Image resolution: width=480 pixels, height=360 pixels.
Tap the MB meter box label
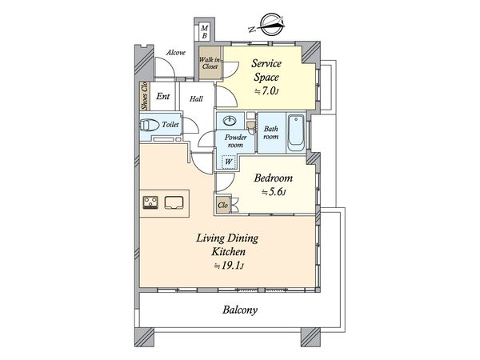[x=205, y=32]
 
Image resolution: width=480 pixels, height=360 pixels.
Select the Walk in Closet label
[x=210, y=62]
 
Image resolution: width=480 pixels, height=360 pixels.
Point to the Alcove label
[x=176, y=53]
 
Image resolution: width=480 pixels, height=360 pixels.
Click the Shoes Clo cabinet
[x=143, y=96]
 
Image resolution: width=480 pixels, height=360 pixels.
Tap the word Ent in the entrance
[x=163, y=97]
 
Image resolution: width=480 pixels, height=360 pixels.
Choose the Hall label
[x=196, y=99]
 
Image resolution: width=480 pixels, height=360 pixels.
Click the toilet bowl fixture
[x=149, y=125]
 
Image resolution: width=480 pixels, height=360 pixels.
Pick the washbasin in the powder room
[x=230, y=121]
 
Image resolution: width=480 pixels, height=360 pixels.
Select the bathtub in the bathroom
[x=296, y=133]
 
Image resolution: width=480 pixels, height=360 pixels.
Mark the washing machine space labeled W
[x=228, y=161]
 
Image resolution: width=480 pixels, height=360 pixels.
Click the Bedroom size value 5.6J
[x=274, y=192]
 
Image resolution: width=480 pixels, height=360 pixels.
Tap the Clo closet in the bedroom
[x=223, y=205]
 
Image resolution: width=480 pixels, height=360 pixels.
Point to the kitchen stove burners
[x=150, y=202]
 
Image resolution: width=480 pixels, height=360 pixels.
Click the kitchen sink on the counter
[x=174, y=202]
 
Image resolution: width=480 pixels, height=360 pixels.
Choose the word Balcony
[x=240, y=310]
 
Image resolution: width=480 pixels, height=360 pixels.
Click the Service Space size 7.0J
[x=266, y=91]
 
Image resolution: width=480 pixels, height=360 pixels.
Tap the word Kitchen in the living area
[x=229, y=252]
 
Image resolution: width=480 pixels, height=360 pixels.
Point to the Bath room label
[x=271, y=133]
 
